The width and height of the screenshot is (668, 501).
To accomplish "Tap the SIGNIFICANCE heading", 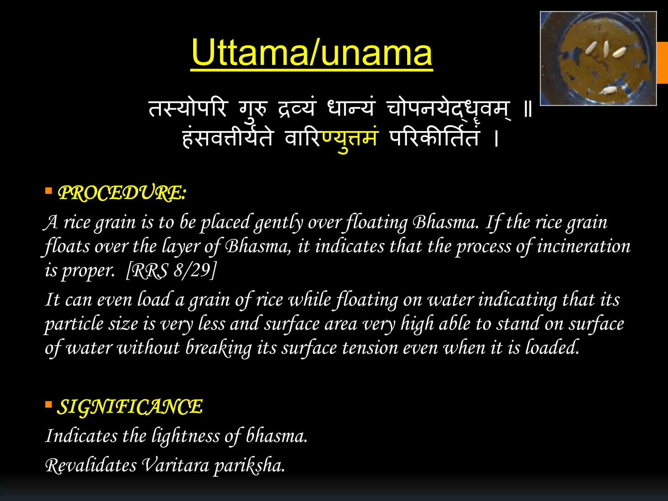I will point(130,407).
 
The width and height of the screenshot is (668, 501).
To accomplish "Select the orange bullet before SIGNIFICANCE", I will point(49,405).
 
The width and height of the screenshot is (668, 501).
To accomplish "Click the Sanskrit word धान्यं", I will point(351,108).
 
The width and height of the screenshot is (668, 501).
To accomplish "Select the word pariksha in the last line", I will point(249,465).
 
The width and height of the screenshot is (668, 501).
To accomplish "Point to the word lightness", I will point(186,436).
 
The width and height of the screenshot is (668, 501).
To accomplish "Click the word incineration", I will point(584,246).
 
